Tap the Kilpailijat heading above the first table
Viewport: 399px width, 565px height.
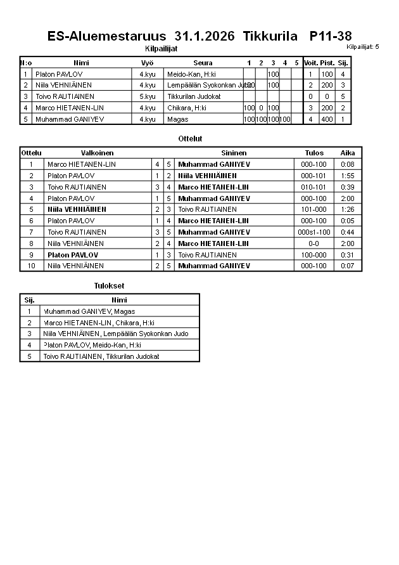161,48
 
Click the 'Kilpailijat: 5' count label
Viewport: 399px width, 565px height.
363,47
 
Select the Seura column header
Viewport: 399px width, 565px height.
203,63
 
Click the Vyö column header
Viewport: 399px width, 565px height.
147,63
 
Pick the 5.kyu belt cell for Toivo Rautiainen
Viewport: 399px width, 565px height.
147,96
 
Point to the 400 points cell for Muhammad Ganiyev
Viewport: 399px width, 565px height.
327,119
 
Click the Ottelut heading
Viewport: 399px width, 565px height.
191,138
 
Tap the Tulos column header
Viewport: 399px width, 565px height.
314,153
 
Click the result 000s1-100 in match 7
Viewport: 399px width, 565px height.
314,232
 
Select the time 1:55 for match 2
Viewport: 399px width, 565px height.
347,176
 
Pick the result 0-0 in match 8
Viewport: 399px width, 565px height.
314,244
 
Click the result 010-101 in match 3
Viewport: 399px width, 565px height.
314,187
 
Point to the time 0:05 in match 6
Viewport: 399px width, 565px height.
347,221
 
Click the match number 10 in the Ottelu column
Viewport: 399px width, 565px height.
31,266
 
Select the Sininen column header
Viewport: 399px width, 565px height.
234,153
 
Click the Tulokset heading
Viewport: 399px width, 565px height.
109,286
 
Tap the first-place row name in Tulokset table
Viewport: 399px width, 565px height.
89,311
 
